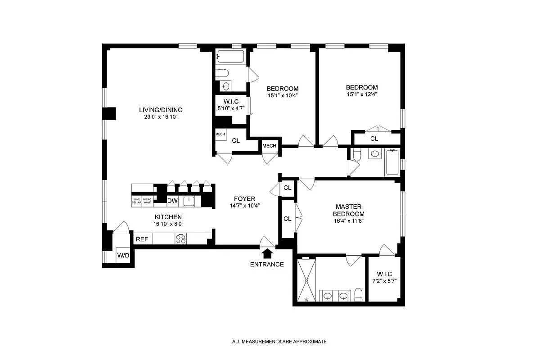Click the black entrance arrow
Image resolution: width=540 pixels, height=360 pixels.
[x=267, y=254]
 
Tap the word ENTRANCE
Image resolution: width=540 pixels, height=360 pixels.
[x=267, y=264]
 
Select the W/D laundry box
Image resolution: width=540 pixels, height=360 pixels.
[x=123, y=256]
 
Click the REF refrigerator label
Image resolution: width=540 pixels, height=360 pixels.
[x=142, y=239]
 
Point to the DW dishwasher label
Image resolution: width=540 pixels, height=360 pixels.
[x=172, y=201]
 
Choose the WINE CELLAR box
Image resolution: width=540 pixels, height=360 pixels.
[x=137, y=201]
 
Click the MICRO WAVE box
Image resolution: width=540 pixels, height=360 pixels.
[x=147, y=201]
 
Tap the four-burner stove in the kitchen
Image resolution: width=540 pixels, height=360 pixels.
[x=181, y=239]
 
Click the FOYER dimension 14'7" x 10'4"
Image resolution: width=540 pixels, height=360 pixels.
[x=244, y=206]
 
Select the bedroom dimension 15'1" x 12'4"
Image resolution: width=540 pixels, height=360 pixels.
[x=362, y=94]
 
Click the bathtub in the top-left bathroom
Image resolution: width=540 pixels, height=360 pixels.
[x=230, y=57]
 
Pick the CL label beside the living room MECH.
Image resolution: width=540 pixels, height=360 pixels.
[x=236, y=140]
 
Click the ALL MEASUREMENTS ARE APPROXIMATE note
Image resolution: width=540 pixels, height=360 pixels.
[x=279, y=342]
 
